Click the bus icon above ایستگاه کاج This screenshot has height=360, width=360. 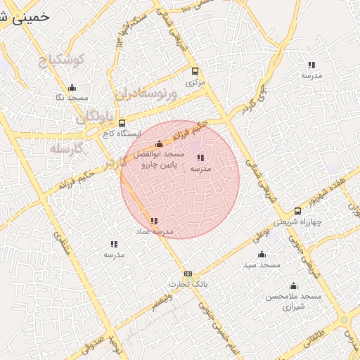pyautogui.click(x=122, y=123)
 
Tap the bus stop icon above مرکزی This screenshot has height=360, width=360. pyautogui.click(x=195, y=71)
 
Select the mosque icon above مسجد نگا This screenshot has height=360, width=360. pyautogui.click(x=72, y=88)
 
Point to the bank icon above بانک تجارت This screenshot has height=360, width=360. pyautogui.click(x=188, y=274)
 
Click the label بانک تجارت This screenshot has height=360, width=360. pyautogui.click(x=186, y=283)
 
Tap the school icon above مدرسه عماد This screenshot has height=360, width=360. pyautogui.click(x=154, y=221)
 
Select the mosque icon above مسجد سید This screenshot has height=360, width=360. pyautogui.click(x=262, y=255)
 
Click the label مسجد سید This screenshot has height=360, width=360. pyautogui.click(x=262, y=264)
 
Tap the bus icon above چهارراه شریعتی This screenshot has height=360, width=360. pyautogui.click(x=297, y=210)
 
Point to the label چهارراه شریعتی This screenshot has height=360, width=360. pyautogui.click(x=297, y=221)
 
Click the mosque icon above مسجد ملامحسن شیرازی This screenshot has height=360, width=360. pyautogui.click(x=293, y=286)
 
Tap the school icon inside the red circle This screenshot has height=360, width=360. pyautogui.click(x=200, y=158)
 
